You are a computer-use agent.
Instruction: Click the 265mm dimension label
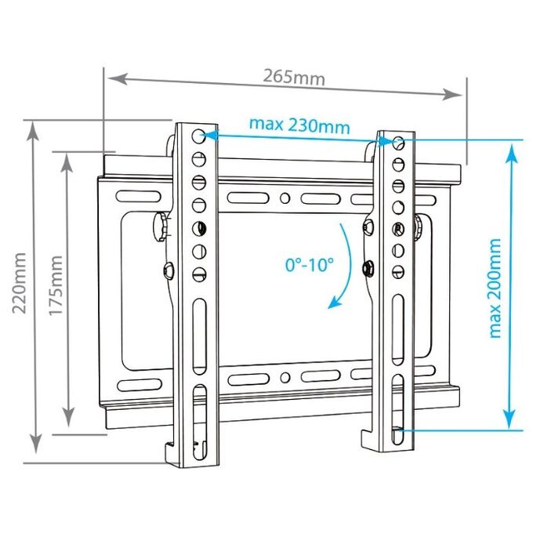[294, 77]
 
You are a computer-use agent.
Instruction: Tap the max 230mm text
[299, 125]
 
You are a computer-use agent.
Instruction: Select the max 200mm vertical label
[495, 288]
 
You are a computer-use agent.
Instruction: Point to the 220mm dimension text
[20, 283]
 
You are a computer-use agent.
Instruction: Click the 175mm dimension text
[56, 285]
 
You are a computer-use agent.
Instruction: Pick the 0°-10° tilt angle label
[310, 264]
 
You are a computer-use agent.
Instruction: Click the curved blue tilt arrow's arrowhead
[334, 302]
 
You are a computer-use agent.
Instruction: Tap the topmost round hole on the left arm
[198, 136]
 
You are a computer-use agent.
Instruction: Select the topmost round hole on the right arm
[398, 143]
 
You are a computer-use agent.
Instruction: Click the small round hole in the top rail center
[285, 198]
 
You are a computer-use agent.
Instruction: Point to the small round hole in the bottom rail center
[285, 377]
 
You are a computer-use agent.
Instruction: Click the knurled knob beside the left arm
[161, 227]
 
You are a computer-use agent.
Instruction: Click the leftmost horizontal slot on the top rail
[139, 196]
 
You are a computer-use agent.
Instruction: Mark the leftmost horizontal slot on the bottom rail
[140, 385]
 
